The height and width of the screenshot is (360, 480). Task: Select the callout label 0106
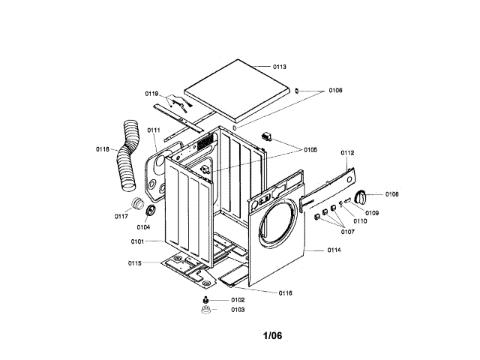[334, 91]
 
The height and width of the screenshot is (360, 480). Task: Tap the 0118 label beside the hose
[103, 149]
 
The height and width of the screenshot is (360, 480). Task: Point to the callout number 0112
[346, 153]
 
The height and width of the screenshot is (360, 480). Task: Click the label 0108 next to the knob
[392, 194]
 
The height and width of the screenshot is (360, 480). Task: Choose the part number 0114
[334, 250]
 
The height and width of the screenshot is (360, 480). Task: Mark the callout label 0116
[285, 292]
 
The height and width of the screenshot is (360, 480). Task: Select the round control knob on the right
[361, 197]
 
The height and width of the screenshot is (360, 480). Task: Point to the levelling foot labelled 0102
[205, 300]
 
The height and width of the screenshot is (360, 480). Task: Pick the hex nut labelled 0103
[205, 310]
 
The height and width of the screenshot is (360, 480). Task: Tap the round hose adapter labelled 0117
[137, 205]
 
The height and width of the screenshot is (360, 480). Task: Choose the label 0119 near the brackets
[151, 94]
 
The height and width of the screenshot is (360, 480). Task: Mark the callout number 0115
[135, 263]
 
